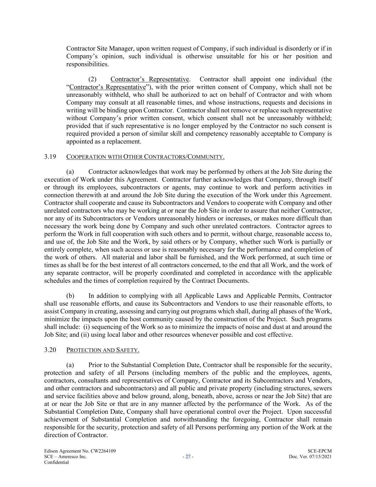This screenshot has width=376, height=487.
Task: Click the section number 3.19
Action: coord(50,157)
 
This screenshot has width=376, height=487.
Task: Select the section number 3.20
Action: coord(50,350)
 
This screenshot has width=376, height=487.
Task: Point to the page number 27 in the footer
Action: coord(188,457)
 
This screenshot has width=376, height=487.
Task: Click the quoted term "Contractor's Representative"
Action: coord(107,87)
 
